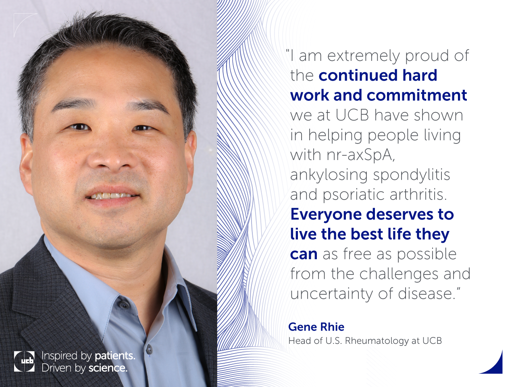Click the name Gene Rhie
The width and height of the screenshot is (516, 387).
[316, 327]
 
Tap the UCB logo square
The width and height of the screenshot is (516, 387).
[24, 361]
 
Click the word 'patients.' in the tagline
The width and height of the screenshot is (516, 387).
[115, 356]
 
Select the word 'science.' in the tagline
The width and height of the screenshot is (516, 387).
[108, 368]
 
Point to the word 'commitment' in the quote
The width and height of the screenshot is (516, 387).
[416, 95]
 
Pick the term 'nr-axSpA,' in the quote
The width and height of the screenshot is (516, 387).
[361, 155]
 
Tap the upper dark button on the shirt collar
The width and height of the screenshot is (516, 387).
[123, 305]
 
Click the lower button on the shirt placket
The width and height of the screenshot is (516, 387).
[149, 349]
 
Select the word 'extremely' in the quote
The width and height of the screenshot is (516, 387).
[364, 56]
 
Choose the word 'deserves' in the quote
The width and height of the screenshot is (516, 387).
[399, 214]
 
